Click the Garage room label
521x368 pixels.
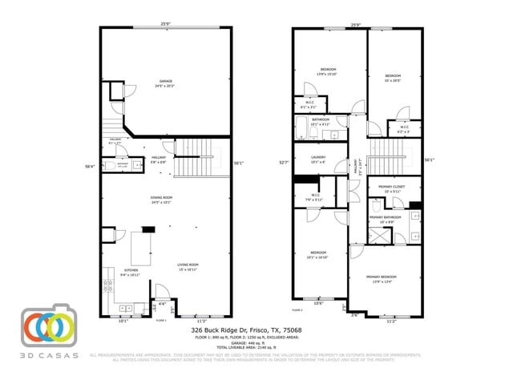[166, 81]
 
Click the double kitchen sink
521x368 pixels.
[125, 307]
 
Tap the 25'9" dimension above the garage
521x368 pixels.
[165, 24]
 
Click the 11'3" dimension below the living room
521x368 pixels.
[202, 321]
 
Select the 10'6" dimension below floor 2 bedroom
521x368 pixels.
[318, 303]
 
